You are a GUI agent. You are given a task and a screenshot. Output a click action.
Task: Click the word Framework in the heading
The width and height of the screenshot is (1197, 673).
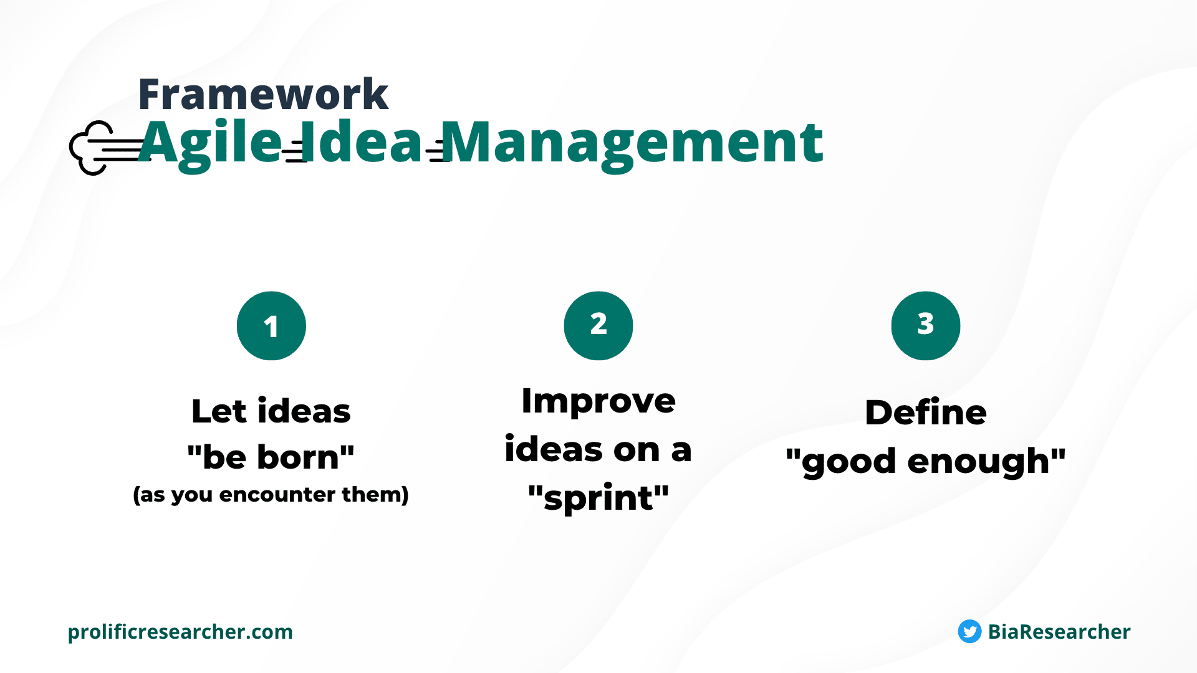(263, 94)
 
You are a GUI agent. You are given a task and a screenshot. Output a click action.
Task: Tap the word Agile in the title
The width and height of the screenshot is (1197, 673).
(209, 143)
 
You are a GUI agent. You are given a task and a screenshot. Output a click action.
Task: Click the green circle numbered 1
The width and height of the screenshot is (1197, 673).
(271, 326)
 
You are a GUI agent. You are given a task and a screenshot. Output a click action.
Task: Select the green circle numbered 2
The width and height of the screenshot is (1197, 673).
(598, 326)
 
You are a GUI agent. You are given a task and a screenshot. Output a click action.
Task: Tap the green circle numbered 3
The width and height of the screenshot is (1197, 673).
(926, 326)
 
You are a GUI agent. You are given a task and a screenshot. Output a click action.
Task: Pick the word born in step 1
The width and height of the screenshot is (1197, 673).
(298, 457)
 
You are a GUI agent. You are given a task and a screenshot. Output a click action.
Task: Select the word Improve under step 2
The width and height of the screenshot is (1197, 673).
(598, 401)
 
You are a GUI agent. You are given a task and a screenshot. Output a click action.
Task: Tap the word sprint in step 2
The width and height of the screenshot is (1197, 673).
(598, 499)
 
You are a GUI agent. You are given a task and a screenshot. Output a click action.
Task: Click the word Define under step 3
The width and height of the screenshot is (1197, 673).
(926, 413)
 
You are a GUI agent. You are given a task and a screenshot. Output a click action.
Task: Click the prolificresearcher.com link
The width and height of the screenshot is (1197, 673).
(180, 632)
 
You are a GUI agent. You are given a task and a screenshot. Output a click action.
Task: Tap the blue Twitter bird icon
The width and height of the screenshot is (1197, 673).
(969, 631)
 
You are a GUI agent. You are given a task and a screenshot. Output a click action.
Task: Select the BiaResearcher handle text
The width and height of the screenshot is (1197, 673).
(1059, 632)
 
